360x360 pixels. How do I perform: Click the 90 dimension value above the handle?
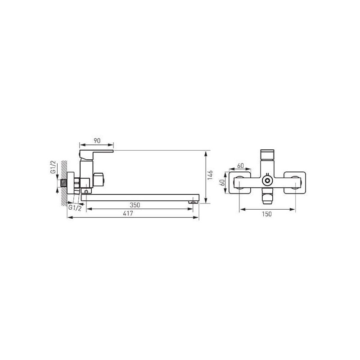click(97, 141)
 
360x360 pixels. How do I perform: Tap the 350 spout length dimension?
click(135, 205)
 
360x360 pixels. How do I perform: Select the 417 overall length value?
click(128, 213)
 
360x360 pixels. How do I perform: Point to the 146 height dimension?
click(210, 175)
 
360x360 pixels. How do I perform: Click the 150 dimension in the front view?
click(267, 214)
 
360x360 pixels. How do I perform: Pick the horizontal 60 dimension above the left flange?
click(240, 166)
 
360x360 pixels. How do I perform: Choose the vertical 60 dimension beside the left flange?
click(222, 183)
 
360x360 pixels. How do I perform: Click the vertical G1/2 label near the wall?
click(53, 167)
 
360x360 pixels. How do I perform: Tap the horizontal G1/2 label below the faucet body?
click(75, 208)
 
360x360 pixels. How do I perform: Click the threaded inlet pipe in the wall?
click(63, 183)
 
